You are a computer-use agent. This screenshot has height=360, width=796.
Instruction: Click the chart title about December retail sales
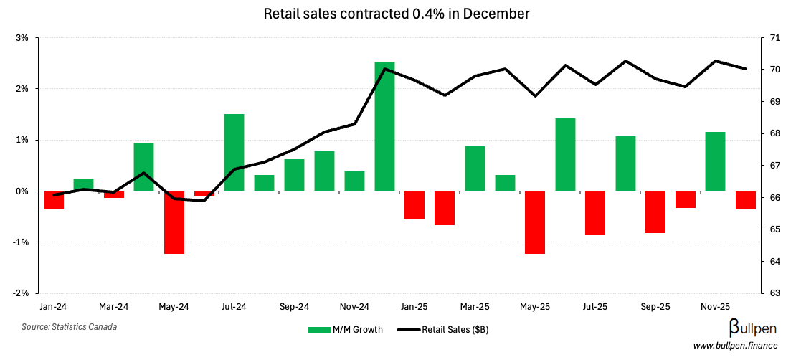click(x=397, y=14)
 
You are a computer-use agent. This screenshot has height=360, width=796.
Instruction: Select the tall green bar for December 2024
click(x=384, y=126)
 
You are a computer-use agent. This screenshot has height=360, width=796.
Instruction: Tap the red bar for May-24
click(x=174, y=222)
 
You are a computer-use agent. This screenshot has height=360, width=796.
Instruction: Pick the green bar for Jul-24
click(x=234, y=153)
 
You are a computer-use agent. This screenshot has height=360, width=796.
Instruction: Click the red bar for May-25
click(x=535, y=222)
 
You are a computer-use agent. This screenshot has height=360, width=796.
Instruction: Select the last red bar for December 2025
click(x=745, y=200)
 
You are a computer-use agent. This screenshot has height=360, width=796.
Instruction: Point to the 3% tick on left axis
click(x=22, y=38)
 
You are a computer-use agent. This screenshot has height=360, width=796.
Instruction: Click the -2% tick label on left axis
click(x=21, y=293)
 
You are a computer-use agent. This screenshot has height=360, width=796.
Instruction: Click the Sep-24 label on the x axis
click(x=294, y=306)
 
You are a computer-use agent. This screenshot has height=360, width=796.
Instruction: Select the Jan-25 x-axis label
click(x=414, y=306)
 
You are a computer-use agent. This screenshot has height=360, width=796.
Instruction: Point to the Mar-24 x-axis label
click(x=113, y=306)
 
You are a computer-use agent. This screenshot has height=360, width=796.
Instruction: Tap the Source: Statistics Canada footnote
click(x=69, y=327)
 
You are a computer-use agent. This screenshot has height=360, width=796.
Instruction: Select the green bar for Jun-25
click(x=565, y=155)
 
